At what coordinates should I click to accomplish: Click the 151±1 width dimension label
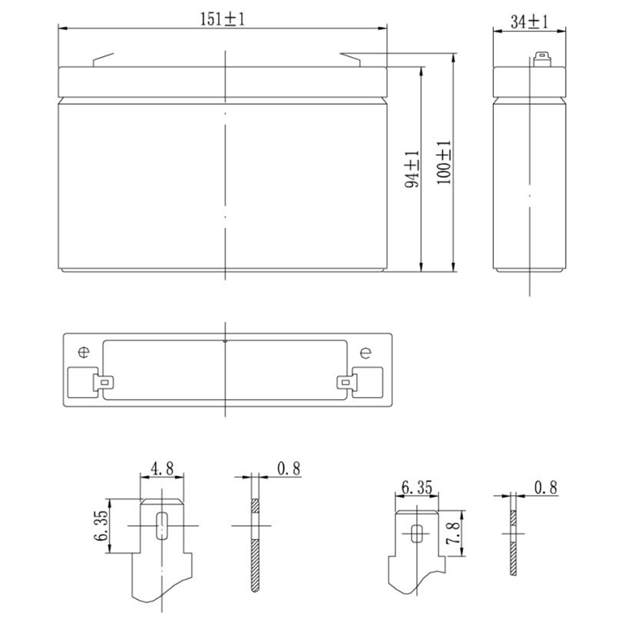coord(222,19)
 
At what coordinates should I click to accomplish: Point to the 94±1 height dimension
coord(412,169)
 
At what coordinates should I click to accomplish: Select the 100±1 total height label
coord(444,162)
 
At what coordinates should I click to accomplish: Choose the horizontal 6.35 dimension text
coord(417,487)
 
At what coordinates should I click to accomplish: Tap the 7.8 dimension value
coord(453,533)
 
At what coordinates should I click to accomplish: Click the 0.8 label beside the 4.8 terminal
coord(289,469)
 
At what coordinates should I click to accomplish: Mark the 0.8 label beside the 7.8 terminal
coord(545,488)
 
